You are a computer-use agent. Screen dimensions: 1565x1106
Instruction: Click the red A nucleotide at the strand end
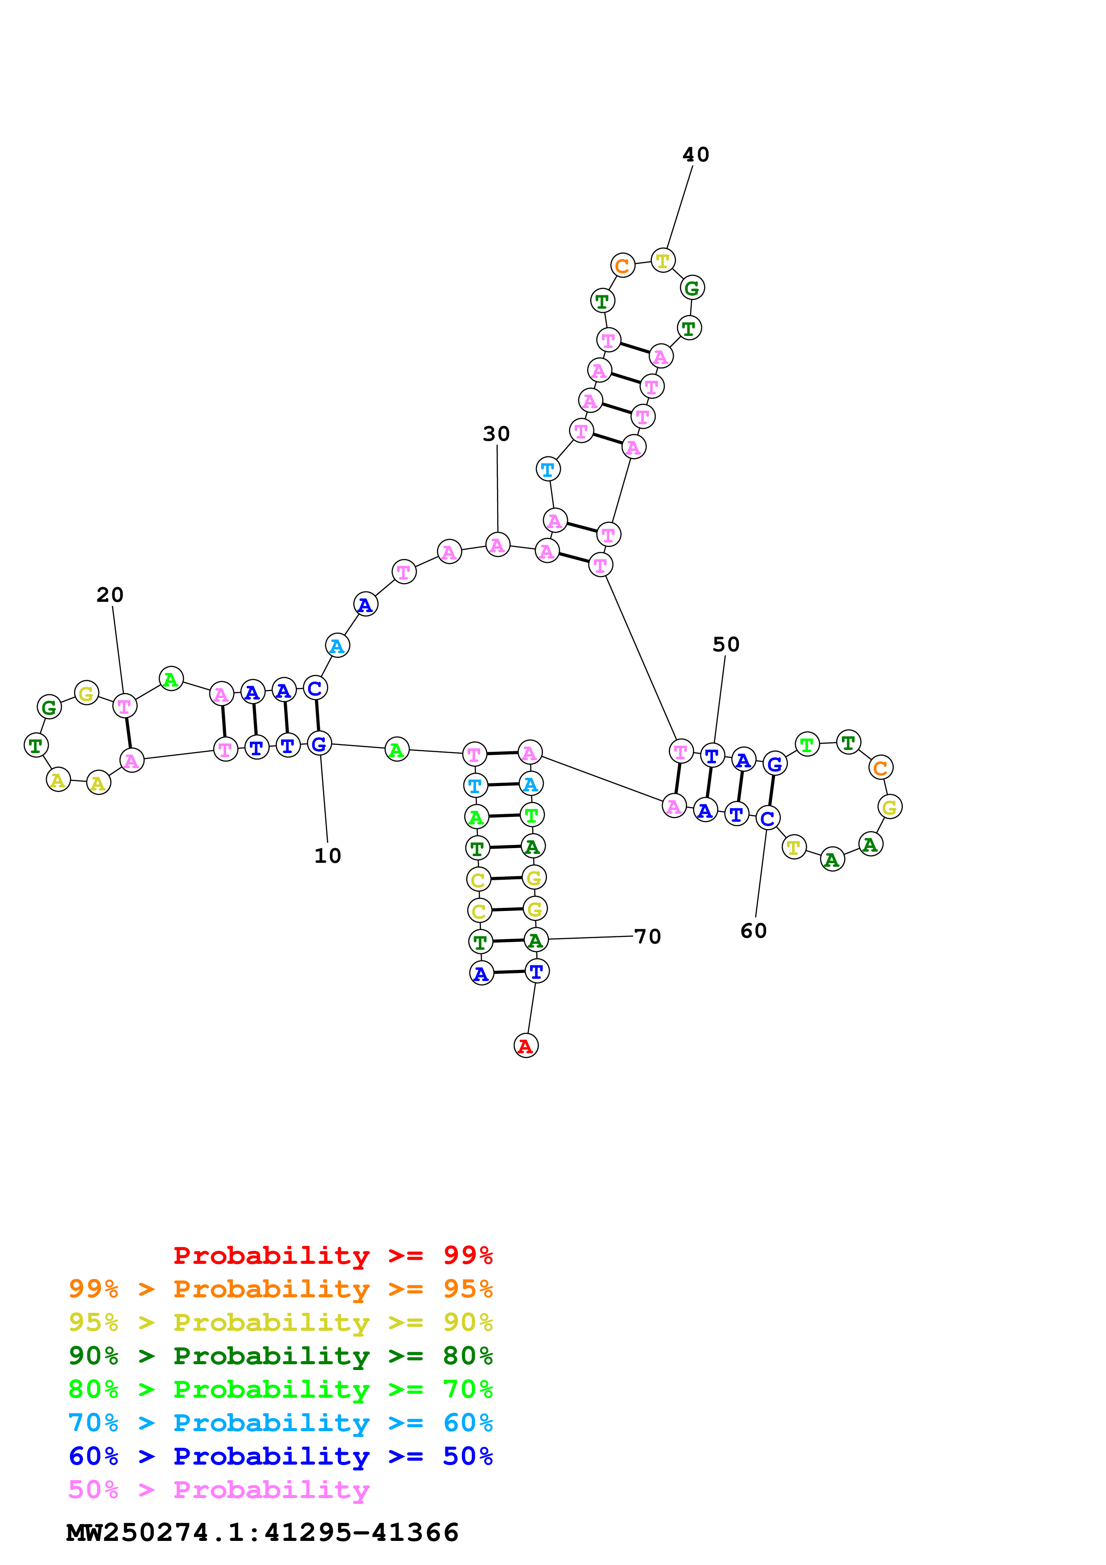pyautogui.click(x=526, y=1046)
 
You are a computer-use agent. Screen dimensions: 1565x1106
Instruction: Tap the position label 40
pyautogui.click(x=696, y=155)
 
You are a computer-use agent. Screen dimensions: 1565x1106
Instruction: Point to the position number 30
pyautogui.click(x=496, y=434)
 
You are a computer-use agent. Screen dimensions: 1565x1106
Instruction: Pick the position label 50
pyautogui.click(x=726, y=644)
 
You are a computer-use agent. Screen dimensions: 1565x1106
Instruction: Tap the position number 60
pyautogui.click(x=754, y=931)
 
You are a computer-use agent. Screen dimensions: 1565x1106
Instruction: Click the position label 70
pyautogui.click(x=647, y=936)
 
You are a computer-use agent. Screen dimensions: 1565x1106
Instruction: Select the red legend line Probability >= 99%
pyautogui.click(x=332, y=1255)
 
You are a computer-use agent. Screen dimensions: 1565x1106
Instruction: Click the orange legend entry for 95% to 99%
pyautogui.click(x=280, y=1289)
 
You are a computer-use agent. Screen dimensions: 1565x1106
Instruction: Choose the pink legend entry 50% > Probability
pyautogui.click(x=219, y=1489)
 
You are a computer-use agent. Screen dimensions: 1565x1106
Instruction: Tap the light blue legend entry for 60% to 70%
pyautogui.click(x=280, y=1423)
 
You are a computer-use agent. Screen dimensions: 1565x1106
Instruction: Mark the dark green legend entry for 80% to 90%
pyautogui.click(x=280, y=1356)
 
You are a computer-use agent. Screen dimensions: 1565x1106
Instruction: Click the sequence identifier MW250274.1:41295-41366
pyautogui.click(x=262, y=1532)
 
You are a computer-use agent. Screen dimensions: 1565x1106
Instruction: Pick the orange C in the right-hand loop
pyautogui.click(x=880, y=767)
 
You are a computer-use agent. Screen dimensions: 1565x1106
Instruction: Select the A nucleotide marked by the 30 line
pyautogui.click(x=497, y=545)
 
